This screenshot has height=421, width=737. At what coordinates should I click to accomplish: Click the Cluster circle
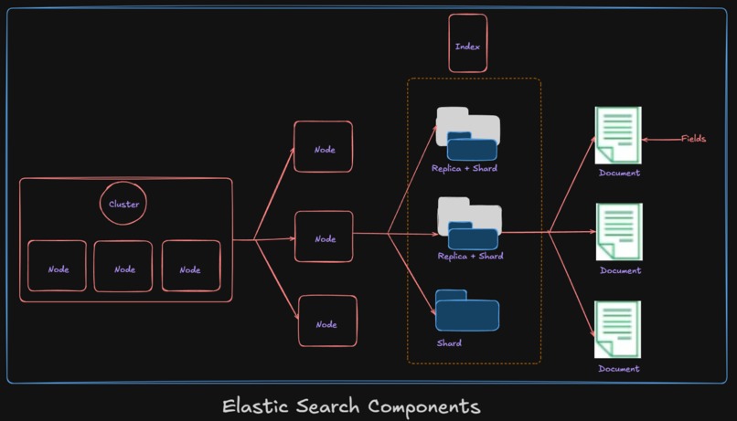(x=123, y=204)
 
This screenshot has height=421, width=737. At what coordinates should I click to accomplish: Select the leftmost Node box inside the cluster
(x=58, y=267)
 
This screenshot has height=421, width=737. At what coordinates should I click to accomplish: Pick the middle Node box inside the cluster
(x=123, y=267)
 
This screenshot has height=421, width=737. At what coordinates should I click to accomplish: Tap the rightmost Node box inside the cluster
(x=190, y=267)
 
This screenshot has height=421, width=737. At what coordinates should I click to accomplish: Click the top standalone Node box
(x=323, y=147)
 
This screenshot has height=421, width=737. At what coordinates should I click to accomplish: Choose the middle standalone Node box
(x=324, y=237)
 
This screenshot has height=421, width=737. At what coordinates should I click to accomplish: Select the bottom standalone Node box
(x=327, y=321)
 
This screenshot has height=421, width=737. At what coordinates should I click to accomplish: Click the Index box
(x=467, y=44)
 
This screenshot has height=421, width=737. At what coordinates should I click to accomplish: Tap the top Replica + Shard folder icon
(x=467, y=134)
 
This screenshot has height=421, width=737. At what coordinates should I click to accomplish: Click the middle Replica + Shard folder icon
(x=469, y=224)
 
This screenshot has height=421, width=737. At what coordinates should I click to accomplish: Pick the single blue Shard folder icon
(x=467, y=310)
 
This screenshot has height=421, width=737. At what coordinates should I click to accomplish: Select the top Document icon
(x=618, y=135)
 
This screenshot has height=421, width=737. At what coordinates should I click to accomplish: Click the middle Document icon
(x=619, y=232)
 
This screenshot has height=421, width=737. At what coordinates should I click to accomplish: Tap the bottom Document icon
(x=618, y=330)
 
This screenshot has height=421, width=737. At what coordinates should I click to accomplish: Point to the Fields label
(x=693, y=139)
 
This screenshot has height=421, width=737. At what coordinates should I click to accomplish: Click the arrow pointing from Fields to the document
(x=661, y=140)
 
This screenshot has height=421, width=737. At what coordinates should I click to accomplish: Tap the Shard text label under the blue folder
(x=449, y=343)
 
